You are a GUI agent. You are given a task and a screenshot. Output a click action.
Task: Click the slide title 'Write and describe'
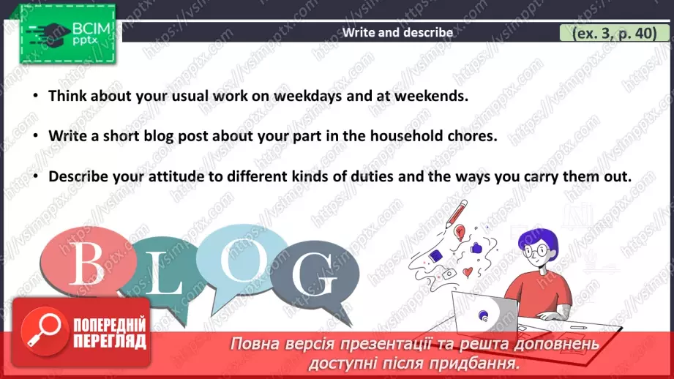(x=397, y=32)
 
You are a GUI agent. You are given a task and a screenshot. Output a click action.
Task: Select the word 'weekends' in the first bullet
(x=432, y=96)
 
